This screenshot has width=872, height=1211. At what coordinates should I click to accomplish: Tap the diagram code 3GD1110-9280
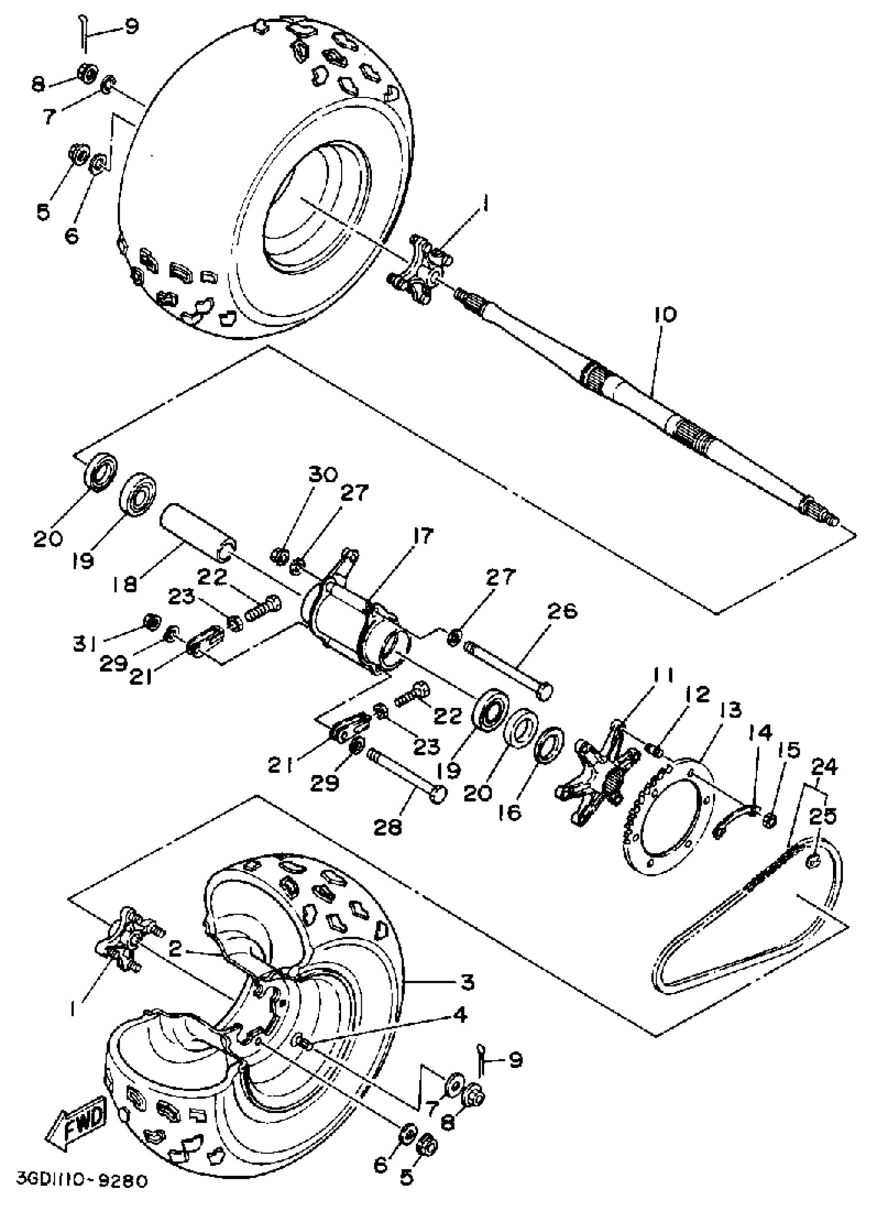tap(81, 1196)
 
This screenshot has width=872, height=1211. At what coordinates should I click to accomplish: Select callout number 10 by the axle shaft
tap(663, 314)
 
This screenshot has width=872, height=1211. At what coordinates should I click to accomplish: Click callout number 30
tap(323, 474)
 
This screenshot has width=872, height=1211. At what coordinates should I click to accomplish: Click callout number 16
tap(511, 812)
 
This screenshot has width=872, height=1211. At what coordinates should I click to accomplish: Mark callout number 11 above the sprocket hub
tap(660, 676)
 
